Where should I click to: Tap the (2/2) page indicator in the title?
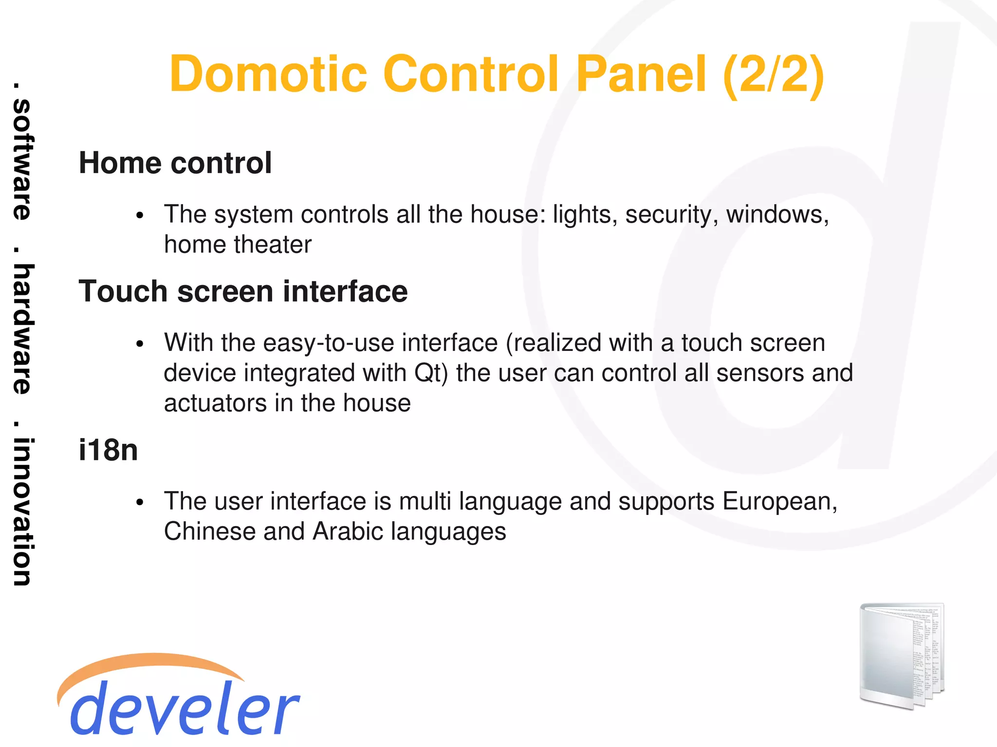click(774, 75)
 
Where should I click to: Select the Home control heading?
click(175, 163)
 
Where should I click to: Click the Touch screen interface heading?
click(243, 292)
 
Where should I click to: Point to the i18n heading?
click(108, 450)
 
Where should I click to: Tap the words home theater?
click(238, 244)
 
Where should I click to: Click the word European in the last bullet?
click(779, 502)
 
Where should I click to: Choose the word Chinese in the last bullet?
click(210, 531)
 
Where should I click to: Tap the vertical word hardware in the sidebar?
click(22, 329)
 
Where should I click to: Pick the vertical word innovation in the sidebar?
click(22, 511)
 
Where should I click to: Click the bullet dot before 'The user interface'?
click(140, 503)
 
